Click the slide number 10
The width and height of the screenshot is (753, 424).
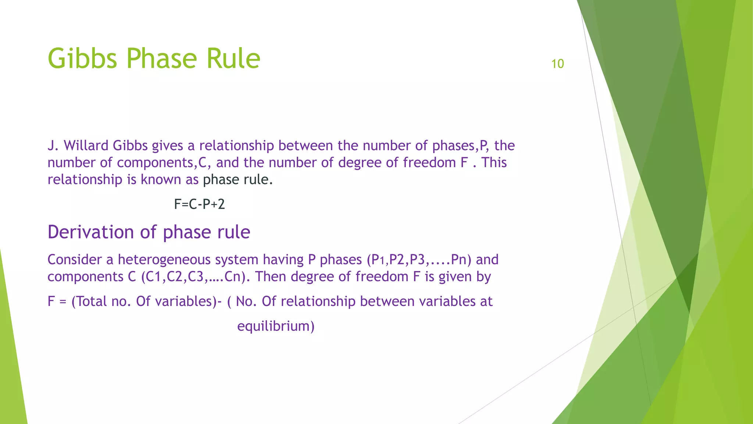[557, 64]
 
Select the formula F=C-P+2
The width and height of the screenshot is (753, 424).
[199, 204]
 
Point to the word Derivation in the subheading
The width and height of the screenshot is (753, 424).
[91, 232]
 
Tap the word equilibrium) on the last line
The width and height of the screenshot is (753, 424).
[276, 326]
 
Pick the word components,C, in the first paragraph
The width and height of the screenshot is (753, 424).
[164, 163]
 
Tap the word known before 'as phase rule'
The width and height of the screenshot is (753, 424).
[161, 180]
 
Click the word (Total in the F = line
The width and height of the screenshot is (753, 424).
[89, 301]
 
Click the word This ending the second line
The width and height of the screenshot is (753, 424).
[494, 163]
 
